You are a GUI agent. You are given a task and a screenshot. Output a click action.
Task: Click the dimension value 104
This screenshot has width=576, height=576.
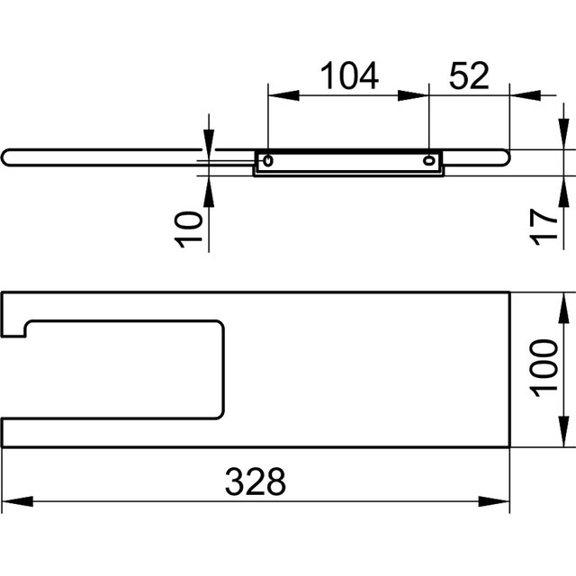(x=349, y=76)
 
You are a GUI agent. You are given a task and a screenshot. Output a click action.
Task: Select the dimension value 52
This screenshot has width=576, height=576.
(x=469, y=76)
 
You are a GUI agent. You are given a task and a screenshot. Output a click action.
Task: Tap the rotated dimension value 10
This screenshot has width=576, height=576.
(x=188, y=230)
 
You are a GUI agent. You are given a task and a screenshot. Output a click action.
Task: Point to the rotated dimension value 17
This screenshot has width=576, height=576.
(x=544, y=227)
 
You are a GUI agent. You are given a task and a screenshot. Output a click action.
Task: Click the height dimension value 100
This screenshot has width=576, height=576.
(x=544, y=368)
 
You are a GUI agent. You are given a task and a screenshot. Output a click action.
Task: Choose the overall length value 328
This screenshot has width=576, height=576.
(x=256, y=481)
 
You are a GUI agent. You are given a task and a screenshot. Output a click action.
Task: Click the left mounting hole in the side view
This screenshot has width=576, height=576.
(x=268, y=160)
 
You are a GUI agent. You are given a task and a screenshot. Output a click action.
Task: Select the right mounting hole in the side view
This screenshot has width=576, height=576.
(x=428, y=160)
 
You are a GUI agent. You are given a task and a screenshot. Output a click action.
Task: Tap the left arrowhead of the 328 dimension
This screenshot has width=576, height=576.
(x=17, y=501)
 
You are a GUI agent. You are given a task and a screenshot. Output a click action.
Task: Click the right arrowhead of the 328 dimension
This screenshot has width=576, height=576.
(x=494, y=501)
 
